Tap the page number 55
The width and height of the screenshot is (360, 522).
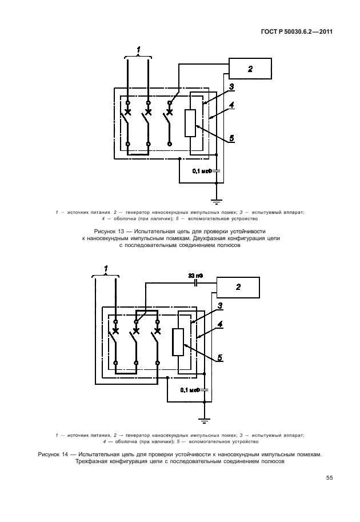pos(330,478)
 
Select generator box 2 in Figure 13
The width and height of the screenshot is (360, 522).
pos(250,69)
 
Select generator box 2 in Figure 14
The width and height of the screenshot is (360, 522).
pos(238,287)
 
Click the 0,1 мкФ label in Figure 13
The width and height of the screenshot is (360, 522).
pos(202,170)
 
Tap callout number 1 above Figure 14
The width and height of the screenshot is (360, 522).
pos(106,268)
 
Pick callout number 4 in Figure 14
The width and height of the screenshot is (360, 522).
pos(221,325)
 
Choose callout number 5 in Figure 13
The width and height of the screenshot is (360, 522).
pos(231,138)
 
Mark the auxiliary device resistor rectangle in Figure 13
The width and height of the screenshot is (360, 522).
pos(191,123)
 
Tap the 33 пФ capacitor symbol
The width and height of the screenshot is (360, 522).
pos(196,283)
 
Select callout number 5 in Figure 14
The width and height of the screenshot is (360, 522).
pos(220,358)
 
